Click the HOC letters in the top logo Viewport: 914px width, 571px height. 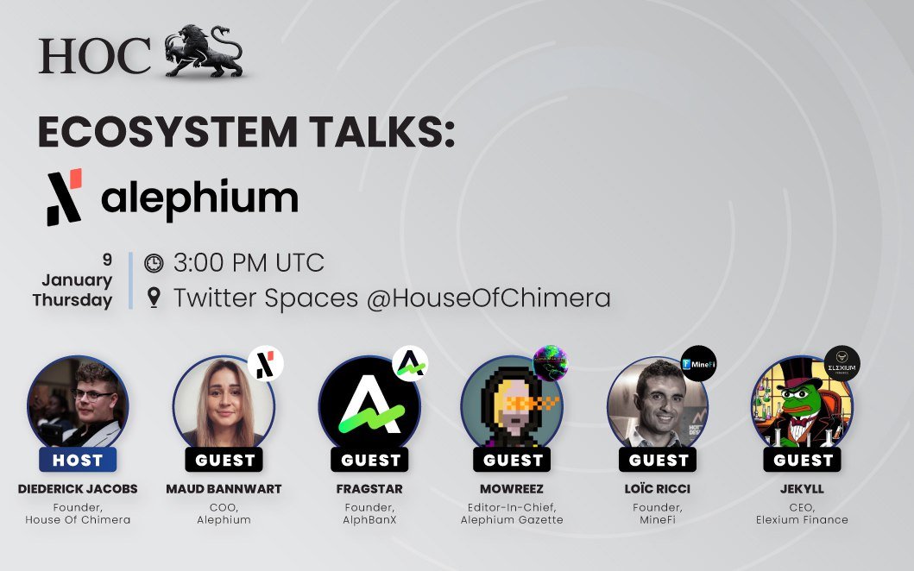(94, 57)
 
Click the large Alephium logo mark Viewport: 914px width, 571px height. (65, 197)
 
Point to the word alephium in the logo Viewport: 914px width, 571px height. (199, 198)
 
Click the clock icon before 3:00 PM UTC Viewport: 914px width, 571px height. (154, 262)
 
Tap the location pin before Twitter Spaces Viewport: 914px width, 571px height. (154, 298)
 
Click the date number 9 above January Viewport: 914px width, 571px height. (107, 259)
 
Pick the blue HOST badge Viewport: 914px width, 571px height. (78, 460)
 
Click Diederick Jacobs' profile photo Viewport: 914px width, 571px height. (78, 405)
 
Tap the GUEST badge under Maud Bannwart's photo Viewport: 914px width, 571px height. (224, 460)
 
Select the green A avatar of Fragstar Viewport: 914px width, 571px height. (369, 406)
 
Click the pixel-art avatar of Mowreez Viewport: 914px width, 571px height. (512, 406)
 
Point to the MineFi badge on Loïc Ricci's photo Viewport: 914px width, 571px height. (699, 364)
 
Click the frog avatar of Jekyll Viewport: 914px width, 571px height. (802, 406)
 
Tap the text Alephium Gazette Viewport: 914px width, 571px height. (514, 519)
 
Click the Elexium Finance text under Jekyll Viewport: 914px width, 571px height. (804, 519)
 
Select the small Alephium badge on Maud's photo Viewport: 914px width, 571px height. (265, 364)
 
